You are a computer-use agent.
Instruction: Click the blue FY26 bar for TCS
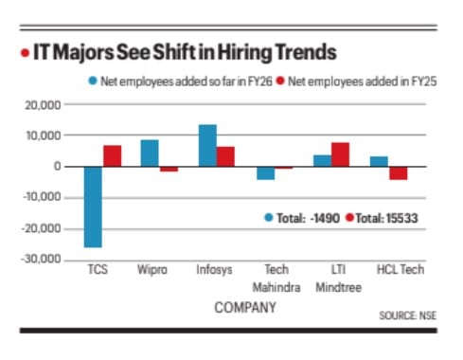pyautogui.click(x=93, y=207)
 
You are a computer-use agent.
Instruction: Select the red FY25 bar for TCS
pyautogui.click(x=112, y=156)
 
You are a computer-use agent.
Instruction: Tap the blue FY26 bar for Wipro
pyautogui.click(x=150, y=153)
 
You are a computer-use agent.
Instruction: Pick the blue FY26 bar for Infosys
pyautogui.click(x=207, y=146)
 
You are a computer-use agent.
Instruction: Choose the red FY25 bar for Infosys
pyautogui.click(x=225, y=156)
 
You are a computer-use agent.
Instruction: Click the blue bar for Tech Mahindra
pyautogui.click(x=265, y=172)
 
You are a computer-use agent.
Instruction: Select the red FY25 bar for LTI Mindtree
pyautogui.click(x=341, y=154)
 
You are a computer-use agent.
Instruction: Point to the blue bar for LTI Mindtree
pyautogui.click(x=323, y=161)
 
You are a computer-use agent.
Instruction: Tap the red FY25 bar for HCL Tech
pyautogui.click(x=399, y=172)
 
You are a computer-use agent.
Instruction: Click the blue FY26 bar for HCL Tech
pyautogui.click(x=380, y=161)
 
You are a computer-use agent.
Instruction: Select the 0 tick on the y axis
pyautogui.click(x=57, y=167)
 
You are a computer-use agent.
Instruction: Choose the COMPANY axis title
pyautogui.click(x=244, y=308)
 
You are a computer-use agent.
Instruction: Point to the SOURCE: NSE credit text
pyautogui.click(x=408, y=314)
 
